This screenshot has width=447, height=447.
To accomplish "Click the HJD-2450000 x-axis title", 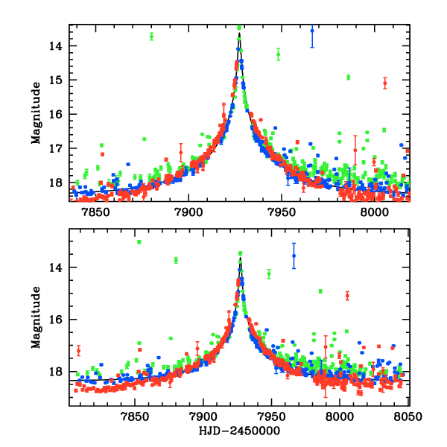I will click(x=239, y=430).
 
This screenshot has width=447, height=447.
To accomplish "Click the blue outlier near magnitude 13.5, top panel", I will click(x=312, y=31).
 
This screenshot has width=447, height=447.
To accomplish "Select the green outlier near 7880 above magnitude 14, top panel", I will click(x=151, y=36).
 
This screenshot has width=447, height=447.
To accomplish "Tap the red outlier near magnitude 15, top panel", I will click(x=384, y=83).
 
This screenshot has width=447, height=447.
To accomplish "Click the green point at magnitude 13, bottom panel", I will click(x=139, y=242).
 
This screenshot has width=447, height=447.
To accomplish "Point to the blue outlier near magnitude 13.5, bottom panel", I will click(x=294, y=256).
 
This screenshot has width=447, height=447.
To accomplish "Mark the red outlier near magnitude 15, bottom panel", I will click(x=347, y=296).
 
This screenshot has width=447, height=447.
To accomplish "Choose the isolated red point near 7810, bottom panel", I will click(x=78, y=350).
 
